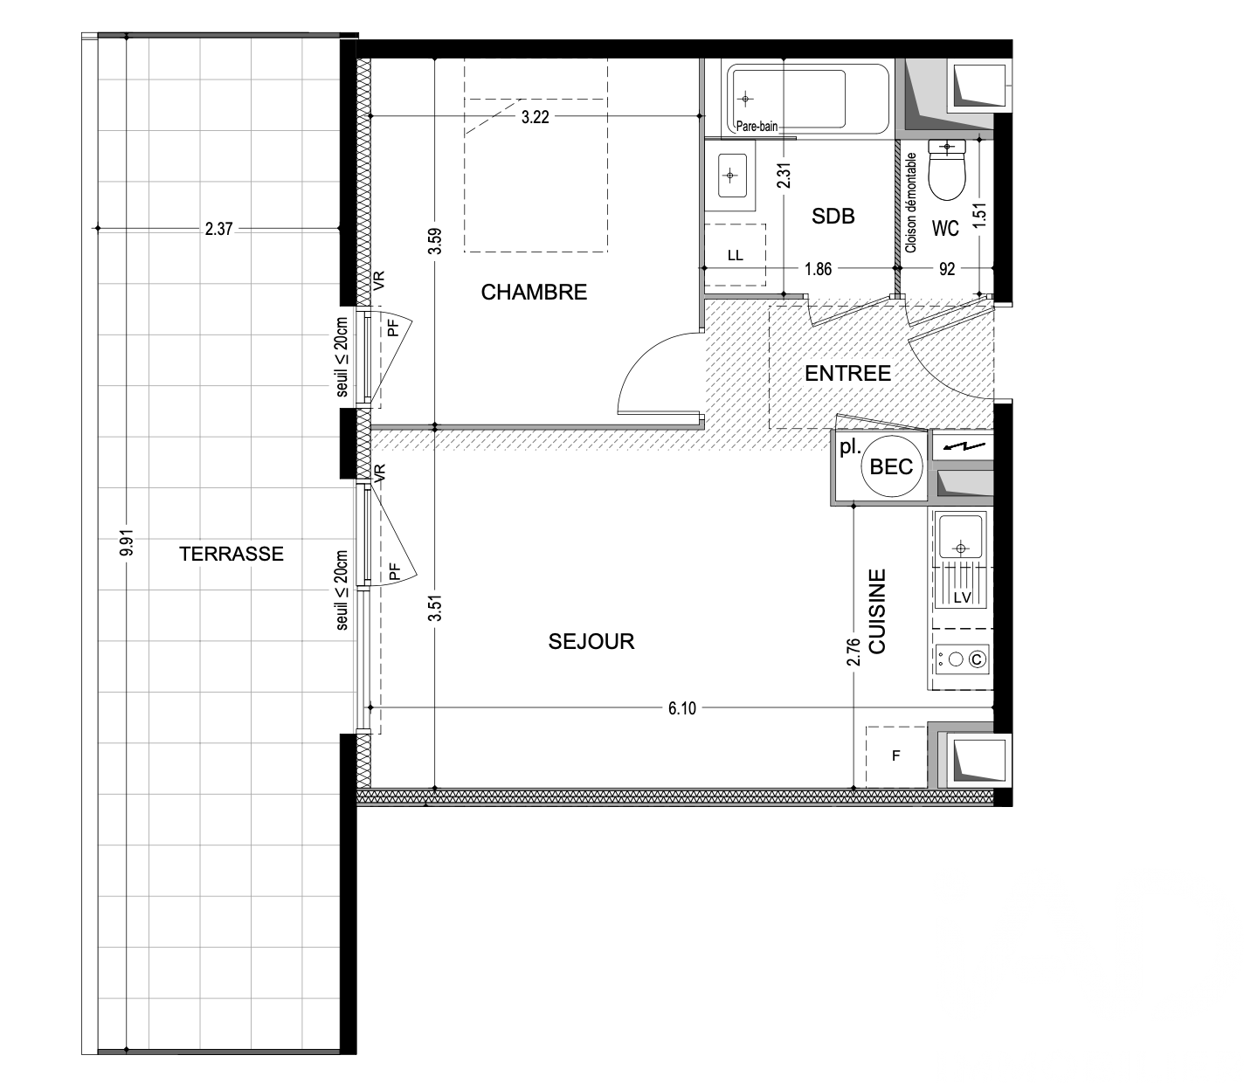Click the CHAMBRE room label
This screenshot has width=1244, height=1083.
[534, 293]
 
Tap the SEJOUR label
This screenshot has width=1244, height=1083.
[591, 641]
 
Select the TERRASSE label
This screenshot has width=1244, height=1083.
[231, 554]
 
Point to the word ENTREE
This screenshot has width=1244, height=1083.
[847, 373]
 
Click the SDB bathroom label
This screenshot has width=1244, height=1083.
[833, 216]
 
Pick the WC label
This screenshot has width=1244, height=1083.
[945, 229]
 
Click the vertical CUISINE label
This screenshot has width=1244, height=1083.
[877, 611]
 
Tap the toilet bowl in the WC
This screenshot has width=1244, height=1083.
[947, 171]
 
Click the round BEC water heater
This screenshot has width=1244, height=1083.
[891, 466]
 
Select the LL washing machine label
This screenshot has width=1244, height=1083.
[735, 255]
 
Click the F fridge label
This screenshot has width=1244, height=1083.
[895, 756]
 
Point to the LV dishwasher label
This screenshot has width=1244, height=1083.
[962, 598]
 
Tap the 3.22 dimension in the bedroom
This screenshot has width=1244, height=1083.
[535, 117]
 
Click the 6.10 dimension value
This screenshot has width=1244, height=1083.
[681, 708]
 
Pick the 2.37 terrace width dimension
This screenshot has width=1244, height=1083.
[219, 229]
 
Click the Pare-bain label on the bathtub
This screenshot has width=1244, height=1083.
[757, 127]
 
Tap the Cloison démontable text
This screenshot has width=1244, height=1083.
[910, 203]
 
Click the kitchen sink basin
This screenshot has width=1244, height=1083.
[961, 536]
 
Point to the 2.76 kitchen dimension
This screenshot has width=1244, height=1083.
[854, 652]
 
